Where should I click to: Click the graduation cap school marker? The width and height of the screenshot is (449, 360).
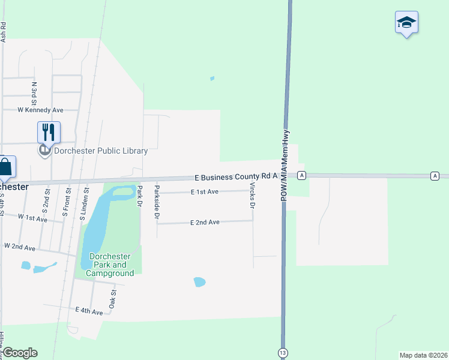coord(406,23)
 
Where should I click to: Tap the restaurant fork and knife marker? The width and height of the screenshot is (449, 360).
coord(49,133)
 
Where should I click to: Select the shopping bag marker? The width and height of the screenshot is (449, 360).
coord(5,167)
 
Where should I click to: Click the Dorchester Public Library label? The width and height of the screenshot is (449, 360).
coord(100,151)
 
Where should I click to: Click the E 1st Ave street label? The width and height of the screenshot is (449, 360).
coord(205,192)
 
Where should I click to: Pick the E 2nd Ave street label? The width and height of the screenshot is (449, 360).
coord(205,222)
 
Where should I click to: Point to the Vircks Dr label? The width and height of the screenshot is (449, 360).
coord(253,197)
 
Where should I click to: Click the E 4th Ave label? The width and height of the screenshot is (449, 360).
coord(89,310)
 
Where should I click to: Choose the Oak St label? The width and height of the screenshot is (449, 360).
coord(112,298)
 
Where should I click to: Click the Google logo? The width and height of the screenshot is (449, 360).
coord(20,353)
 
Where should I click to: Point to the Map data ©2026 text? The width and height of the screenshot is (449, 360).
coord(423,355)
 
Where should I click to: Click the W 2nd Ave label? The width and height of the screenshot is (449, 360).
coord(19,246)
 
